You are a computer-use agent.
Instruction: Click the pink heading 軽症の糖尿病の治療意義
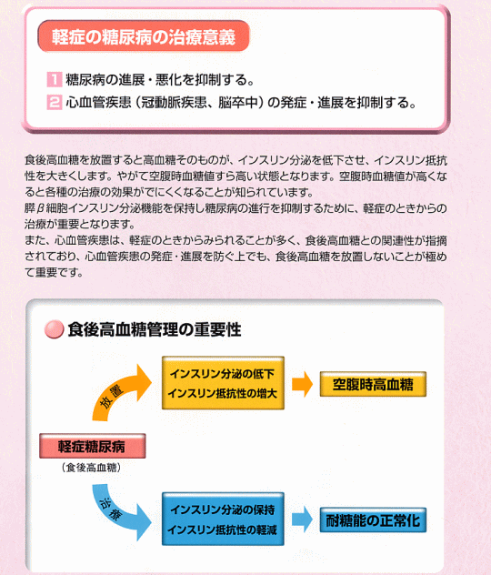pos(144,36)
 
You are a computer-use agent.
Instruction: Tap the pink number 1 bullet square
pos(55,79)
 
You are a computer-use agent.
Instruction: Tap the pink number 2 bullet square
pos(55,102)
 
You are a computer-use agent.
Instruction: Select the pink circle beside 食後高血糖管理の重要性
pos(54,329)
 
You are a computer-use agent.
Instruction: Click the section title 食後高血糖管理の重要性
pos(155,329)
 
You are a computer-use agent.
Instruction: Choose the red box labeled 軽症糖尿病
pos(93,446)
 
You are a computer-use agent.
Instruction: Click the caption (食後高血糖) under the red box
pos(91,468)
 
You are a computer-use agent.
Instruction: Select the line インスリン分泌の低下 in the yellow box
pos(223,374)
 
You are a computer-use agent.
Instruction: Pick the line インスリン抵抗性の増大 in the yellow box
pos(223,393)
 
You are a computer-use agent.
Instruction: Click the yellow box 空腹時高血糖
pos(373,384)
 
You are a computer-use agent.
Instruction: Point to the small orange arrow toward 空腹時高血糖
pos(302,384)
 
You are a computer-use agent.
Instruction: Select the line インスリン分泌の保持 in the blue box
pos(223,509)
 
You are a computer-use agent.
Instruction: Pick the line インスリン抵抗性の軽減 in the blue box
pos(223,530)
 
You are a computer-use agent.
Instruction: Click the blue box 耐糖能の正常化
pos(373,520)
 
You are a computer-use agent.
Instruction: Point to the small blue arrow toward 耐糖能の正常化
pos(302,520)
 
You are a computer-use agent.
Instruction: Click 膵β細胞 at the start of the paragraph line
pos(45,208)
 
